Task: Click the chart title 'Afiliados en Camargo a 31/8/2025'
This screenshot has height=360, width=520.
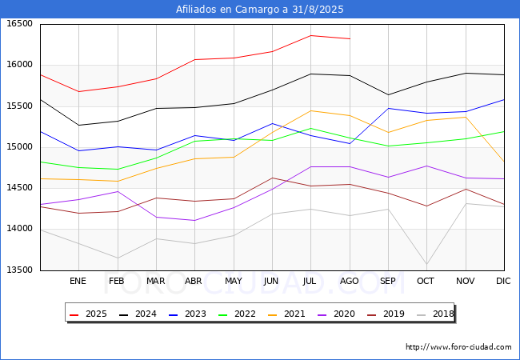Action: click(x=260, y=10)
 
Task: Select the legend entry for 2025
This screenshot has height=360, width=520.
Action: click(x=88, y=314)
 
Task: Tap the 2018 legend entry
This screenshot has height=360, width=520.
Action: click(x=435, y=314)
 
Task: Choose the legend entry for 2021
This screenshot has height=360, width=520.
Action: click(x=286, y=314)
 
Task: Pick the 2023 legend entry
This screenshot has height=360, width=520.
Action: click(x=187, y=314)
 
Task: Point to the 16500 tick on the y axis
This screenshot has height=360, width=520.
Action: click(x=19, y=23)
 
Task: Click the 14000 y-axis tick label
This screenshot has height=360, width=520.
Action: click(x=19, y=228)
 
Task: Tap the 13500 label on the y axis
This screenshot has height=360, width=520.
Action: click(x=19, y=270)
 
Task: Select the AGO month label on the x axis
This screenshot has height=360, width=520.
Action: click(x=350, y=281)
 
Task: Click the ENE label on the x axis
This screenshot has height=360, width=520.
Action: click(x=78, y=281)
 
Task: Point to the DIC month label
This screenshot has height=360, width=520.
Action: click(x=503, y=281)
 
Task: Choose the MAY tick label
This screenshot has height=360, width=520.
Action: click(x=234, y=281)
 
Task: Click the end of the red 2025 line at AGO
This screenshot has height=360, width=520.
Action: click(x=350, y=38)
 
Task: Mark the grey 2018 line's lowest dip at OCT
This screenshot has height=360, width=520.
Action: click(x=427, y=265)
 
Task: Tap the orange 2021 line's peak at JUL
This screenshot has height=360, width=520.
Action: click(x=310, y=110)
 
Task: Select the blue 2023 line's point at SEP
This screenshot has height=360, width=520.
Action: click(x=388, y=108)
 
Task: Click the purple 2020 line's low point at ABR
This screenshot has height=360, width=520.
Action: click(x=194, y=221)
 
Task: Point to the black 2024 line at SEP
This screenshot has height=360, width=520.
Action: click(x=388, y=95)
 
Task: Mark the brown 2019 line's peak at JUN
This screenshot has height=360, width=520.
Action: click(x=272, y=178)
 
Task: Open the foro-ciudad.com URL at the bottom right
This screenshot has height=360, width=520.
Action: click(x=458, y=347)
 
